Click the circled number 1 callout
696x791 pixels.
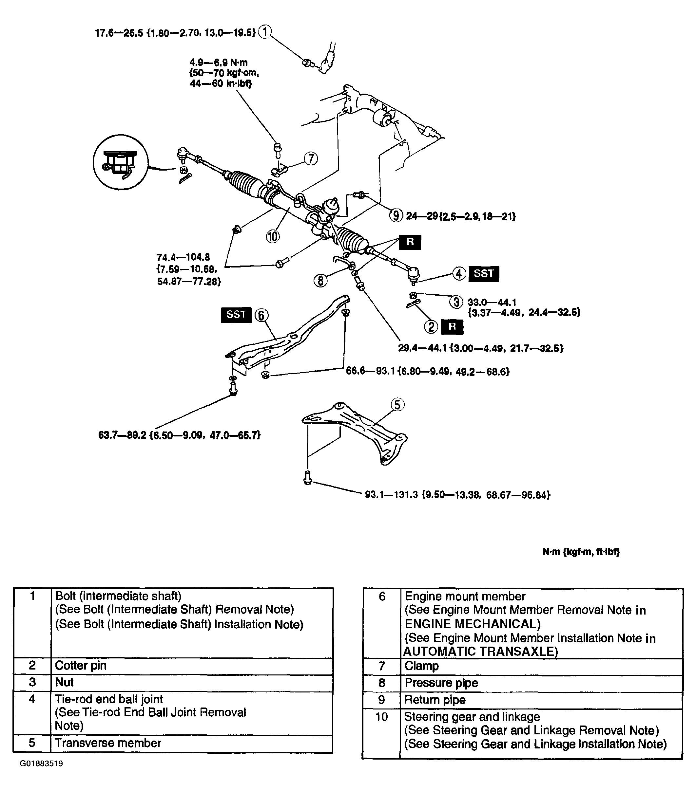(x=265, y=32)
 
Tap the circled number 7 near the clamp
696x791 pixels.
(x=311, y=159)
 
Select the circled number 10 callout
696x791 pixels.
(x=273, y=236)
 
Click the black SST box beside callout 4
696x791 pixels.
(x=484, y=274)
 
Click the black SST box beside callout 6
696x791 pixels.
(x=236, y=315)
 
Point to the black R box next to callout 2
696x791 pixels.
(x=452, y=327)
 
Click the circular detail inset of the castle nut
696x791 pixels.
(x=121, y=162)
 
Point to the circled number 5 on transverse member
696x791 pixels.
(x=397, y=405)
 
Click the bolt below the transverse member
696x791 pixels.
(x=307, y=478)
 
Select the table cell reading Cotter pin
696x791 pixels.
(x=81, y=665)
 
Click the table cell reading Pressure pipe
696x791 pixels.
(x=441, y=683)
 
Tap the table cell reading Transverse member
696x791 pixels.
(x=108, y=743)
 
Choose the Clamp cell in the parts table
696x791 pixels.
(x=421, y=666)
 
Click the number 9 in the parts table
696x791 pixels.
(x=381, y=700)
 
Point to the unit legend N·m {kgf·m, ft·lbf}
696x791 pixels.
(x=581, y=552)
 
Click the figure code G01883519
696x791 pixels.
(x=41, y=763)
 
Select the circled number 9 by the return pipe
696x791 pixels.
(x=396, y=215)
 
